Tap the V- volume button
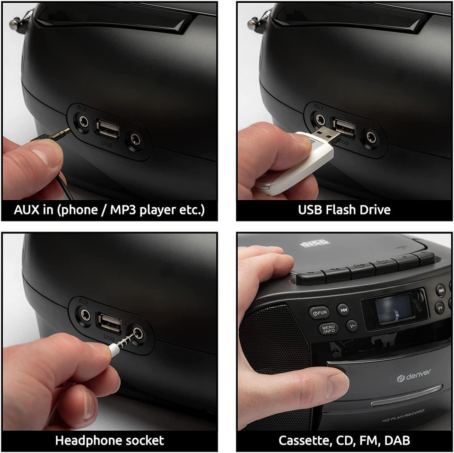pyautogui.click(x=352, y=325)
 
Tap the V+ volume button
pyautogui.click(x=440, y=307)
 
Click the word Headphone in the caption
pyautogui.click(x=87, y=440)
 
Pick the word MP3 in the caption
pyautogui.click(x=125, y=209)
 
